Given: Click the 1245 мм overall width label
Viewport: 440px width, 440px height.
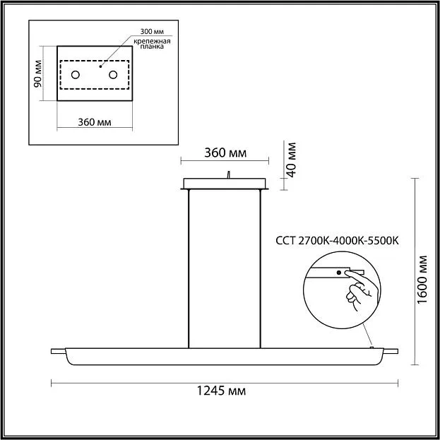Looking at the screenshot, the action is tap(221, 391).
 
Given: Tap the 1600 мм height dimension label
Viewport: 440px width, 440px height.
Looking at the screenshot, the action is tap(422, 280).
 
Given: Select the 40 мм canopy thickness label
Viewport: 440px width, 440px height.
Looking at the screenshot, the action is tap(292, 160).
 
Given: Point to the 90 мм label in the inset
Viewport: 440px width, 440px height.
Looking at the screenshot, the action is tap(38, 73).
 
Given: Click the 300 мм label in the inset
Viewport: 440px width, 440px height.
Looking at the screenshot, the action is tap(152, 31).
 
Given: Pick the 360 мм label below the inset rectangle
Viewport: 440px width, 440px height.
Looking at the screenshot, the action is tap(95, 122).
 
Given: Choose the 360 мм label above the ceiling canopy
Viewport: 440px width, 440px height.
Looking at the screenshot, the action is tap(225, 153).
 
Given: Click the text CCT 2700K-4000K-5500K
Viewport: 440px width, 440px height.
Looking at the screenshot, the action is tap(337, 241).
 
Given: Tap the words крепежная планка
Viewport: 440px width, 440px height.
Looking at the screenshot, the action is tap(152, 44).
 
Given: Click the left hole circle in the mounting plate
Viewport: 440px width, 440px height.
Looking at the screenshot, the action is tap(75, 75).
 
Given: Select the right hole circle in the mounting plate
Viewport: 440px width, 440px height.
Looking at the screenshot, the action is tap(113, 75).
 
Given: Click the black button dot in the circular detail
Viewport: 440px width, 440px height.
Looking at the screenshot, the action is tap(339, 273).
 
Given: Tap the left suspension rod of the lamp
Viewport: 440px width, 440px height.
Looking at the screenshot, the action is tap(189, 269).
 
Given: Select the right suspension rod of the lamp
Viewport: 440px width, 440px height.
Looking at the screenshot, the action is tap(260, 269).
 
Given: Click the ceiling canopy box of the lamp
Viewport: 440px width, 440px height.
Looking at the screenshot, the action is tap(225, 184).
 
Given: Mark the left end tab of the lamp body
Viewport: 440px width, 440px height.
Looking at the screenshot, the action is tap(58, 351).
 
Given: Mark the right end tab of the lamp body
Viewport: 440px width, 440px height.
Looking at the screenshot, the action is tap(391, 351).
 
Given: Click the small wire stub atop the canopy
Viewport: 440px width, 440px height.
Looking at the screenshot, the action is tap(229, 174).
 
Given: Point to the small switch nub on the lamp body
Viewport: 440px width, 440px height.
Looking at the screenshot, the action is tap(371, 347).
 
